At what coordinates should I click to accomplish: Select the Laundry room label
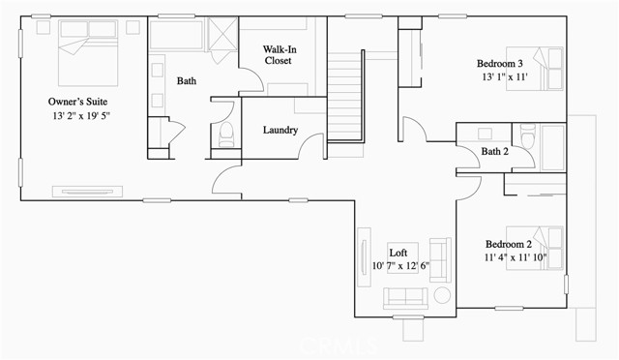pyautogui.click(x=280, y=131)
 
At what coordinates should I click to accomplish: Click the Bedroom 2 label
pyautogui.click(x=509, y=244)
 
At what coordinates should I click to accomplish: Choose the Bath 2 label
pyautogui.click(x=494, y=151)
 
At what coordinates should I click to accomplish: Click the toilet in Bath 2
pyautogui.click(x=526, y=136)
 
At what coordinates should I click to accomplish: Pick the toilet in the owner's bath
pyautogui.click(x=225, y=135)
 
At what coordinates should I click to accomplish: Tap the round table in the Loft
pyautogui.click(x=441, y=296)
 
